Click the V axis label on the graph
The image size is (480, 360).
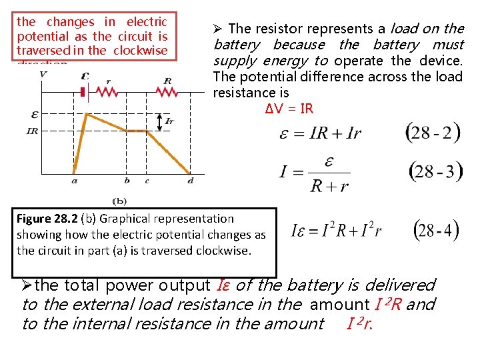[43, 74]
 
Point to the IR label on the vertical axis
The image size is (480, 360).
[33, 131]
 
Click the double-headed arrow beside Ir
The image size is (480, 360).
[159, 121]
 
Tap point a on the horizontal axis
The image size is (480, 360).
[73, 179]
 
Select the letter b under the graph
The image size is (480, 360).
[127, 179]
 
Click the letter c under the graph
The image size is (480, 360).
[147, 179]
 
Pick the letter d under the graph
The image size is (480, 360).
[190, 179]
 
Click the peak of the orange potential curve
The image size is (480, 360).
[85, 115]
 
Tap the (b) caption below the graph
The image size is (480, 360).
[120, 199]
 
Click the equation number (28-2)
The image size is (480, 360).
[433, 131]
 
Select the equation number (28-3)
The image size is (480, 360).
[434, 171]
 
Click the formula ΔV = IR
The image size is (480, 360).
[289, 109]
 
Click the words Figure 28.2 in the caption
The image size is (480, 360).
[43, 219]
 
